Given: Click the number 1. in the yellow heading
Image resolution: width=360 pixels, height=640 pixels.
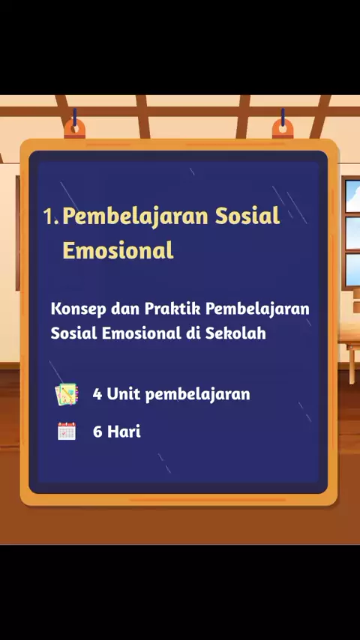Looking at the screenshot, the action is tap(51, 217).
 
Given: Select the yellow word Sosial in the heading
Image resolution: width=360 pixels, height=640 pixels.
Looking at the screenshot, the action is tap(247, 216).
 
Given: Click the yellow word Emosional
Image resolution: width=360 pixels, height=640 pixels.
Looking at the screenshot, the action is tap(118, 250).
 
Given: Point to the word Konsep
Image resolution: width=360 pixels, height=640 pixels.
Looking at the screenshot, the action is tap(76, 310).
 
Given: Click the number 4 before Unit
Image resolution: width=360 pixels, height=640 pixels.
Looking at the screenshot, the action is tap(97, 394).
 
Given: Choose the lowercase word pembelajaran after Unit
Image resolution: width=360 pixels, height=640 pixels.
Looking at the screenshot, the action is tap(198, 395).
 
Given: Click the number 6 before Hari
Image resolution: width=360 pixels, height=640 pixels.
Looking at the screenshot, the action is tap(97, 432).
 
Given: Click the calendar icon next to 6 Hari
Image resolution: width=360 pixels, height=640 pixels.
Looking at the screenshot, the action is tap(67, 431).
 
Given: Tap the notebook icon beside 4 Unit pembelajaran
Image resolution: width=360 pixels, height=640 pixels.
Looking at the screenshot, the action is tap(67, 394).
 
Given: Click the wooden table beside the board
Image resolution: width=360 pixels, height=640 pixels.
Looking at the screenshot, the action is tap(349, 351).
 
